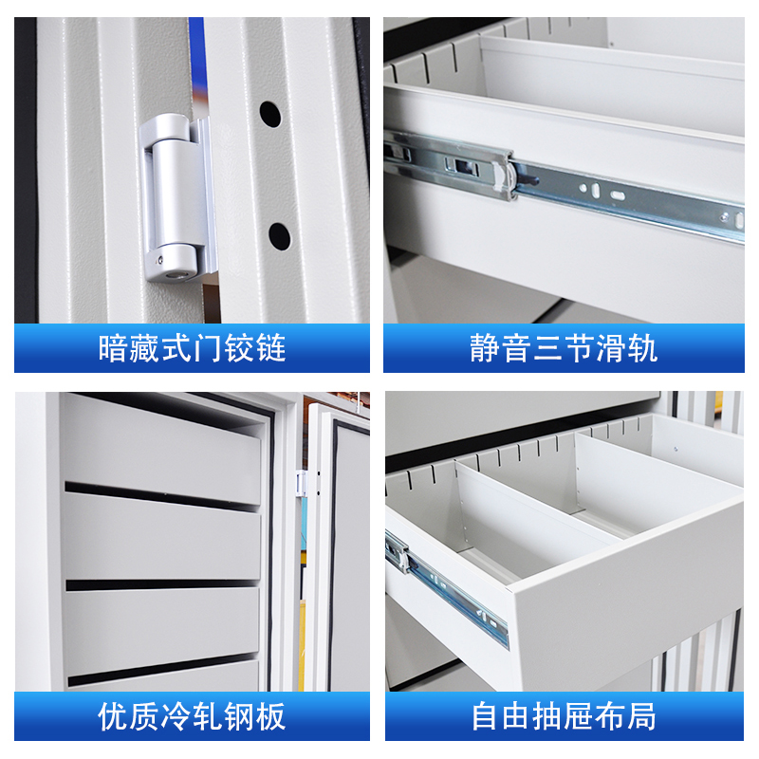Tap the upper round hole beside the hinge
[270, 116]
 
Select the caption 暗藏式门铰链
[192, 348]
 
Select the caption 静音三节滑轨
[564, 348]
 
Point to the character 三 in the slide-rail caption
[547, 348]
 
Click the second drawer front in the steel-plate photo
[161, 536]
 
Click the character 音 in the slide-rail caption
[516, 348]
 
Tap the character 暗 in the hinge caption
[114, 348]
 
